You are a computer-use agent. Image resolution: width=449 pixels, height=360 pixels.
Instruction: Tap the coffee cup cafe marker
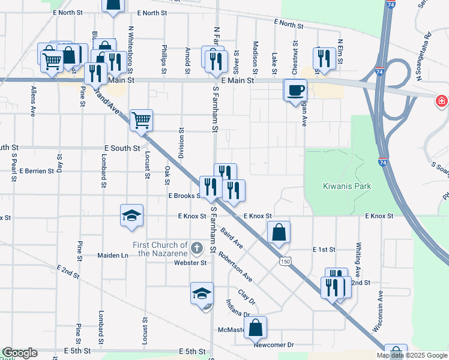tap(295, 91)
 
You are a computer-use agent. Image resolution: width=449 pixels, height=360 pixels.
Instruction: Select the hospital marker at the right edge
tap(442, 101)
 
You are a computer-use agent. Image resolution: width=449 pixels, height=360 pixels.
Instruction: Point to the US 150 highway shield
tap(285, 261)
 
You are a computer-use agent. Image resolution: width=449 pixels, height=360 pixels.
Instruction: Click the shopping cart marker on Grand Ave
tap(141, 120)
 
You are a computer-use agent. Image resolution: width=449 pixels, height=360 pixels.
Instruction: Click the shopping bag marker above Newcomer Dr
tap(255, 328)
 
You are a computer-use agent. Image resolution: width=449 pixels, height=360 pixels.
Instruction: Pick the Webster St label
tap(190, 263)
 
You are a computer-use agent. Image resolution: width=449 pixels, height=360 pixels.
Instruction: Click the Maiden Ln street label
tap(113, 255)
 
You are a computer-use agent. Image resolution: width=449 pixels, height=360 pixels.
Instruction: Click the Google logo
tap(20, 353)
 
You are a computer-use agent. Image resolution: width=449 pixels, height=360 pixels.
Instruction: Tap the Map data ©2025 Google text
tap(411, 355)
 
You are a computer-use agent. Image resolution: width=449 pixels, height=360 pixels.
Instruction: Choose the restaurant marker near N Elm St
tap(324, 59)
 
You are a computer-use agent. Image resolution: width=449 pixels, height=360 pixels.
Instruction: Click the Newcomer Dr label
tap(273, 345)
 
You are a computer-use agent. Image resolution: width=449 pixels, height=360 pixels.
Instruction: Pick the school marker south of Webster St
tap(202, 293)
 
